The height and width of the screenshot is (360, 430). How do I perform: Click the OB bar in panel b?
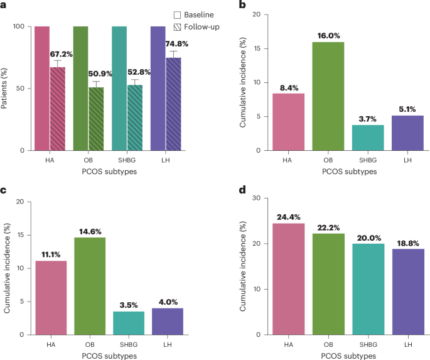pyautogui.click(x=326, y=96)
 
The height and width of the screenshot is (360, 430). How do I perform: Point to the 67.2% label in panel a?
pyautogui.click(x=61, y=54)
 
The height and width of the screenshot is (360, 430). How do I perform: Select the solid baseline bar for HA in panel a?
pyautogui.click(x=42, y=88)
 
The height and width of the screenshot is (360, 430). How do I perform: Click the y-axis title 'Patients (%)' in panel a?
pyautogui.click(x=6, y=88)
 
